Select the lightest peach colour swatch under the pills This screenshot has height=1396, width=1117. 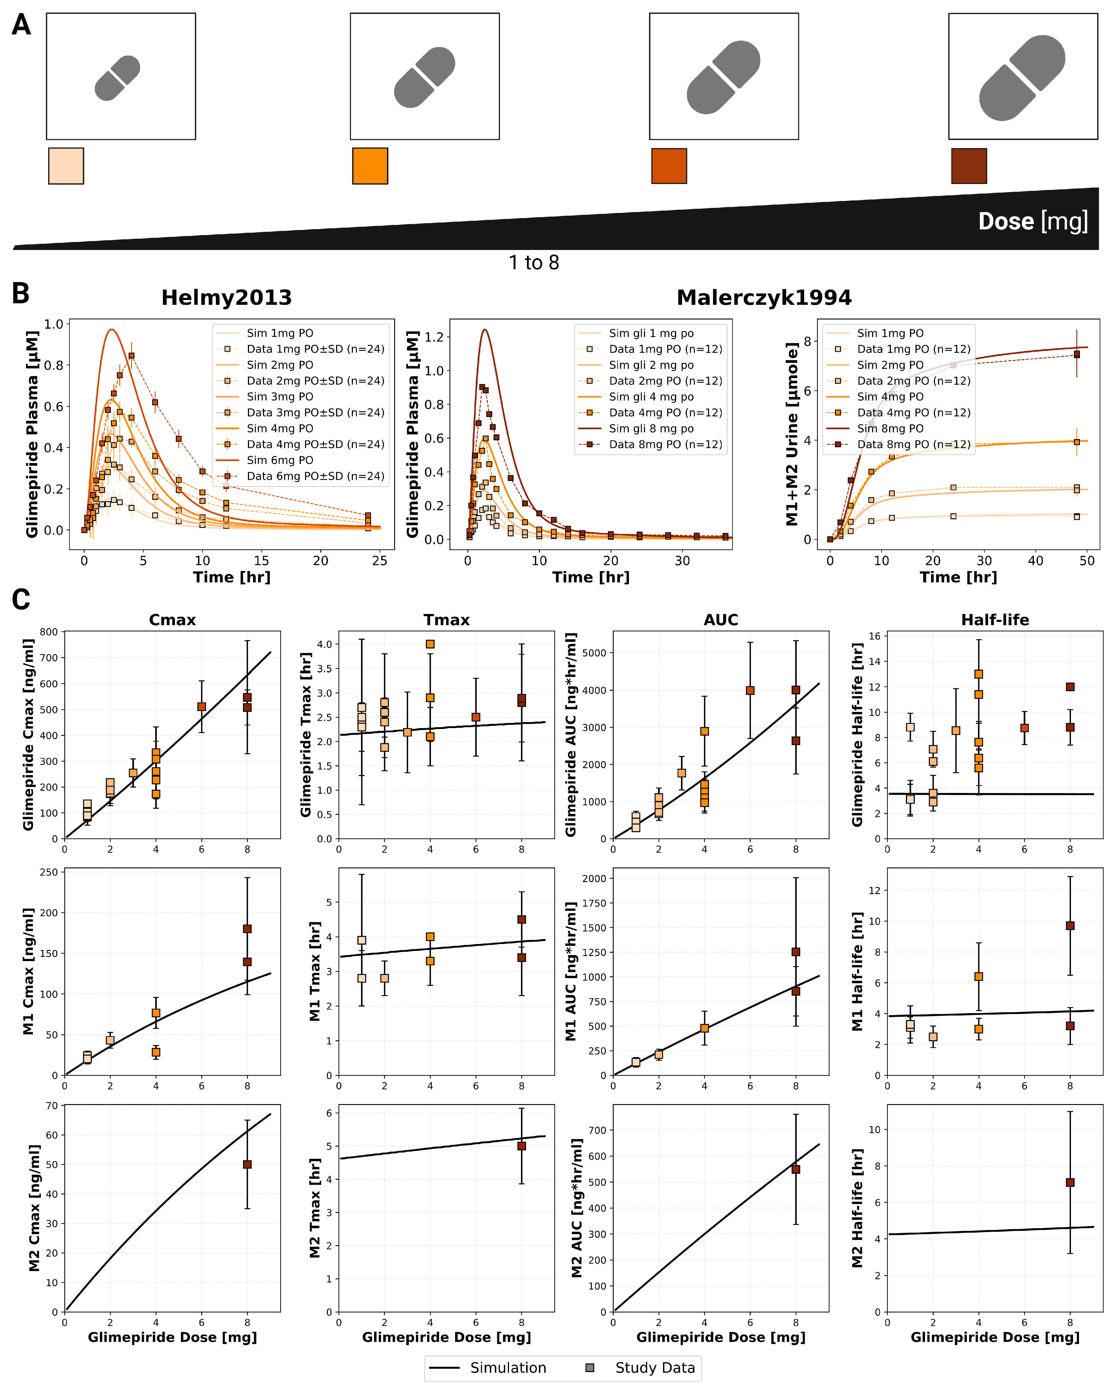pyautogui.click(x=66, y=166)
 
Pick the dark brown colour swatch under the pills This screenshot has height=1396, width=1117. pyautogui.click(x=969, y=166)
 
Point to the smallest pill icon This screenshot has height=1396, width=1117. pyautogui.click(x=117, y=78)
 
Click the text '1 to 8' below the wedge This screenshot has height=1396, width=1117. pyautogui.click(x=534, y=262)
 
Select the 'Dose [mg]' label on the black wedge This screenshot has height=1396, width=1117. pyautogui.click(x=1033, y=221)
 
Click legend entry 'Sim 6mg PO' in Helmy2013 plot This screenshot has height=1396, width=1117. pyautogui.click(x=280, y=460)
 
